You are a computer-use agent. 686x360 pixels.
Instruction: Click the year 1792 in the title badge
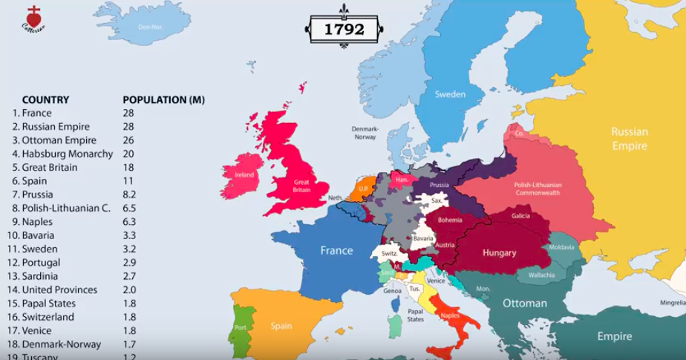point(344,29)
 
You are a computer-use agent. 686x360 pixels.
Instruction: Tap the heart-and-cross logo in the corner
point(33,19)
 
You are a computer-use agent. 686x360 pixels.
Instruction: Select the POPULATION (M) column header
point(163,99)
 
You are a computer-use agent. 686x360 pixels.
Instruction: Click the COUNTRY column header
point(45,99)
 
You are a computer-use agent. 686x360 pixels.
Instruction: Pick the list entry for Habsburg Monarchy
point(67,154)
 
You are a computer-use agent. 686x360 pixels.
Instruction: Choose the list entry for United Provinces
point(59,289)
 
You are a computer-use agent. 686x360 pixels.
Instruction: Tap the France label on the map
point(336,250)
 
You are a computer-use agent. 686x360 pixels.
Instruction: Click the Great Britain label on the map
point(301,186)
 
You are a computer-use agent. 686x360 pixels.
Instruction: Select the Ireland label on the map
point(244,175)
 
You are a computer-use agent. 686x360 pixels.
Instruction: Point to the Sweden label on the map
point(450,94)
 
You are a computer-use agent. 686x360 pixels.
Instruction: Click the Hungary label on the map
point(499,253)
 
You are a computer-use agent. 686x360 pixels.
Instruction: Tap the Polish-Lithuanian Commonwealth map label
point(538,188)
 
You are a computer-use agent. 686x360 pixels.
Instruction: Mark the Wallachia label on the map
point(541,275)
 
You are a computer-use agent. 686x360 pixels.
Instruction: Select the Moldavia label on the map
point(561,247)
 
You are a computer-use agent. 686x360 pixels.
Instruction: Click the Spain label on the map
point(281,326)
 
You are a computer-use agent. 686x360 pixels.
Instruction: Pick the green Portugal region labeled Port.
point(240,327)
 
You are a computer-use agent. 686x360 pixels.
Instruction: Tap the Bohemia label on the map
point(450,220)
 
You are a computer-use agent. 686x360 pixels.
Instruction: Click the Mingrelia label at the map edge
point(673,303)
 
